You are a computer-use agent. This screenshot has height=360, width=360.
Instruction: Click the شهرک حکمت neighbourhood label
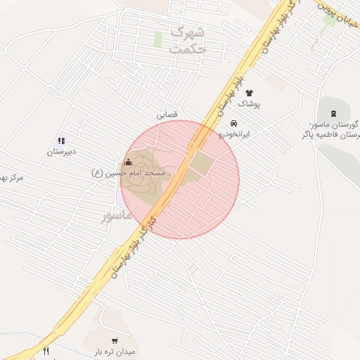pos(186,41)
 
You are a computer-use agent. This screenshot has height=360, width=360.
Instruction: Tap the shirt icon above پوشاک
pos(249,93)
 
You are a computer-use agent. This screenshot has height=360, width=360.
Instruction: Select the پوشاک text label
pos(249,104)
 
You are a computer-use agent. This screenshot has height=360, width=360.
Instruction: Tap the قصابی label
pos(167,113)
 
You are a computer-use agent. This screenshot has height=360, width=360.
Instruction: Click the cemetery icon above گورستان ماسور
pos(333,113)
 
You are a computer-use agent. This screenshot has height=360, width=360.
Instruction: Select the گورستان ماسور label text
pos(334,129)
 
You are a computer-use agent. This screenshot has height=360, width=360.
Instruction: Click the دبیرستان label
pos(62,152)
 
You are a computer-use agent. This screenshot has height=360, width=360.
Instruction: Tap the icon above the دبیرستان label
pos(62,141)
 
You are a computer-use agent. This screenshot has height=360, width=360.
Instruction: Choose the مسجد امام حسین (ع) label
pos(129,172)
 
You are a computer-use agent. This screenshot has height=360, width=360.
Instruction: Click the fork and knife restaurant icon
pos(46,351)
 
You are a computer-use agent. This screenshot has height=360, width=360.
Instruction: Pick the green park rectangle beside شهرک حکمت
pos(158,39)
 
